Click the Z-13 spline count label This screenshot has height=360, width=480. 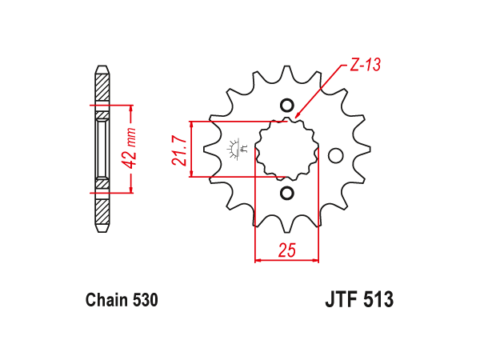click(x=366, y=65)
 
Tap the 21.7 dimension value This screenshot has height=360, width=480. click(x=180, y=150)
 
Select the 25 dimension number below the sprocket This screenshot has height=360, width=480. click(x=287, y=250)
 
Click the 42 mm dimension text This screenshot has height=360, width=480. click(x=130, y=149)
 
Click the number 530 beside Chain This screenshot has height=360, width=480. click(x=146, y=300)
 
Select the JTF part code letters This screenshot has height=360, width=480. click(x=342, y=299)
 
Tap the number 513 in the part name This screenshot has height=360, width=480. click(x=378, y=299)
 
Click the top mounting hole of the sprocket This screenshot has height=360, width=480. click(x=287, y=106)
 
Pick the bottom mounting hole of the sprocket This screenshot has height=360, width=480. click(x=287, y=193)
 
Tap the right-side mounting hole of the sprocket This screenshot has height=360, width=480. click(x=335, y=155)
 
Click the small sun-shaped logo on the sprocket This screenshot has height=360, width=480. click(x=234, y=149)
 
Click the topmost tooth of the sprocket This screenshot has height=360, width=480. click(x=287, y=72)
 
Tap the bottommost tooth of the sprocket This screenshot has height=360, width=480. click(x=287, y=226)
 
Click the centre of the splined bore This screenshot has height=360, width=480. click(x=287, y=149)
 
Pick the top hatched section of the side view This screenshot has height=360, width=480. click(x=102, y=87)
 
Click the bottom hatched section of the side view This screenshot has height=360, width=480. click(x=102, y=212)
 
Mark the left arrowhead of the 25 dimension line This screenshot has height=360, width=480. click(x=258, y=261)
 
